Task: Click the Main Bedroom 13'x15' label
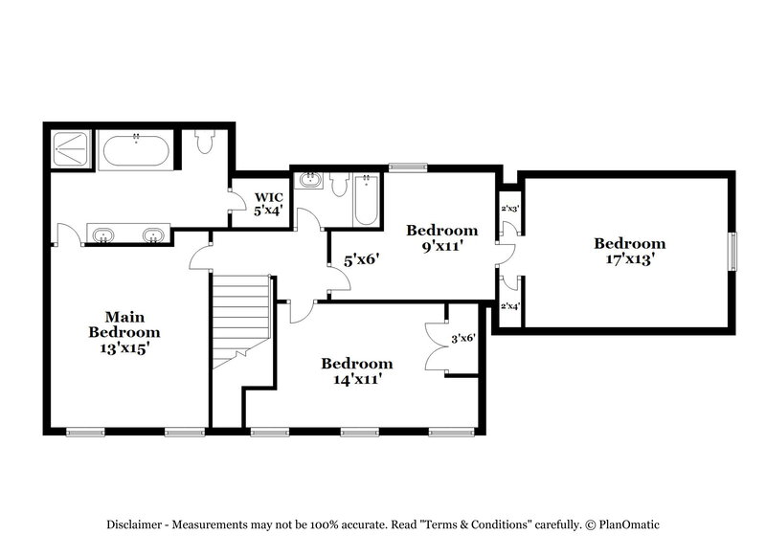[x=124, y=332]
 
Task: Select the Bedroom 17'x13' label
[x=628, y=251]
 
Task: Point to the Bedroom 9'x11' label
[x=441, y=237]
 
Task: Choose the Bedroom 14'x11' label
[x=356, y=370]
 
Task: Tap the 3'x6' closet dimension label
[x=462, y=338]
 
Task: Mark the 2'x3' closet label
[x=509, y=209]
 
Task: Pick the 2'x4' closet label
[x=509, y=306]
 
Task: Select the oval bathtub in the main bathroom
[x=137, y=151]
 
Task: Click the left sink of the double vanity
[x=102, y=234]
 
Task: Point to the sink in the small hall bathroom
[x=310, y=180]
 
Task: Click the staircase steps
[x=239, y=316]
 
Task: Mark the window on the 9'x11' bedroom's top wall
[x=409, y=167]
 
